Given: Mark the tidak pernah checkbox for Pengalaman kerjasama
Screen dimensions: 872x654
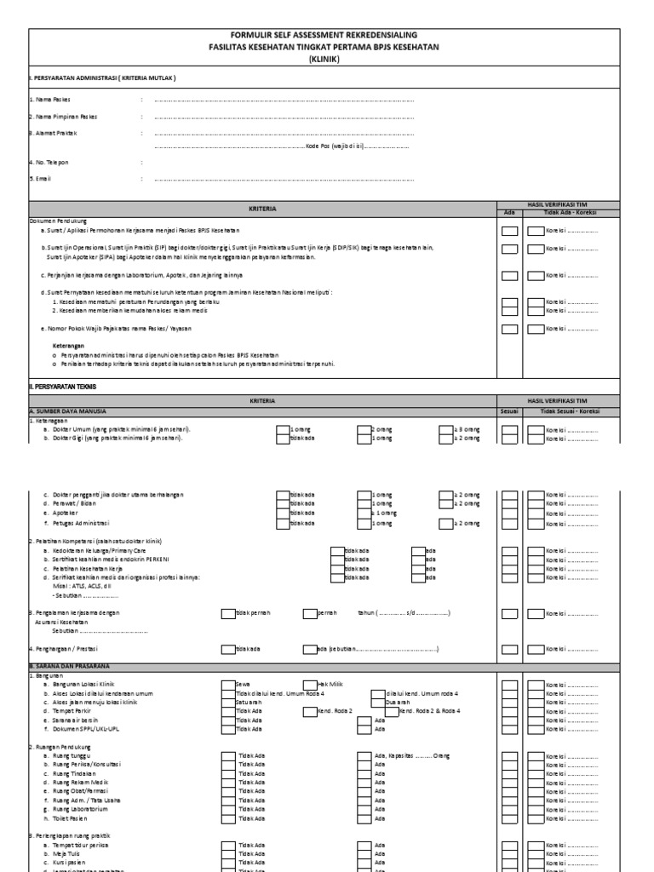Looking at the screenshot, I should coord(228,612).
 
